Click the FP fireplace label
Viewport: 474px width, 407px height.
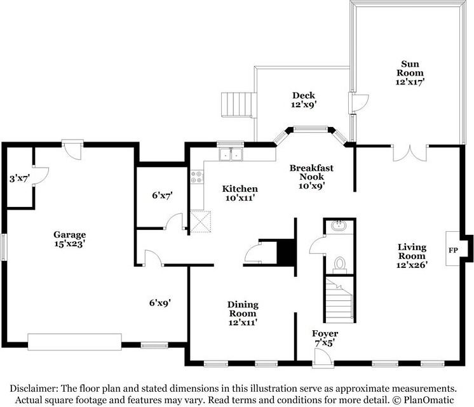click(453, 250)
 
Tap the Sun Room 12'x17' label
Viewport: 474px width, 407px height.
click(410, 73)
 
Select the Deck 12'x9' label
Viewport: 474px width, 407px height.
click(304, 100)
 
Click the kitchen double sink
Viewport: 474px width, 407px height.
click(231, 154)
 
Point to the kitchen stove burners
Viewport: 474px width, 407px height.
click(197, 177)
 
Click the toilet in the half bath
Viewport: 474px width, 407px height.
click(340, 265)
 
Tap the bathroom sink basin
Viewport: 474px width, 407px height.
click(339, 225)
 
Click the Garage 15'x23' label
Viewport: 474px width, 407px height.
click(69, 239)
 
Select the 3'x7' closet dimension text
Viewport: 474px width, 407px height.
click(20, 178)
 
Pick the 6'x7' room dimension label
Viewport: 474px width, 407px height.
click(162, 196)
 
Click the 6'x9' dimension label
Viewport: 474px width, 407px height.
click(160, 302)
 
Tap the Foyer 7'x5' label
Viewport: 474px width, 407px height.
click(325, 338)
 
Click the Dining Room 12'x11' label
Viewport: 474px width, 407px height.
click(243, 313)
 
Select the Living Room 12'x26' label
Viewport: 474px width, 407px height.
click(412, 256)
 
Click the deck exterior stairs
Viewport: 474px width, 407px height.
click(237, 105)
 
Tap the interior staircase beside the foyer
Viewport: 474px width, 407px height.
click(339, 300)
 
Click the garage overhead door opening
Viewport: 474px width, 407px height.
click(75, 342)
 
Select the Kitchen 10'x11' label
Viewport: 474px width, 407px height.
click(240, 194)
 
